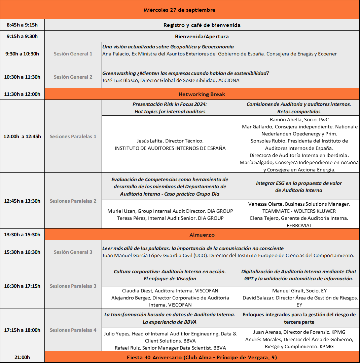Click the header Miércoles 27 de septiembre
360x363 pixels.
179,10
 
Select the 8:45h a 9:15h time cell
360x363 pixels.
22,25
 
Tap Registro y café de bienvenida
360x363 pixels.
202,25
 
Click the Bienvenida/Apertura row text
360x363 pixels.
202,36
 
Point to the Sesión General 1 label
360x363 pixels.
73,54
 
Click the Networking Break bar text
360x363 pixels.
202,94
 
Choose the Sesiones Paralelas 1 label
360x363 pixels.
73,136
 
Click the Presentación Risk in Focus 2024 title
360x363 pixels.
170,104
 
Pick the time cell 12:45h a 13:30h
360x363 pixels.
22,201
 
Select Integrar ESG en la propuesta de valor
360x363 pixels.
299,183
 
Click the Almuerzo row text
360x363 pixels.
202,235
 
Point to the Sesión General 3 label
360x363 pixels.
73,252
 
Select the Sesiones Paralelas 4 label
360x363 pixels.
73,330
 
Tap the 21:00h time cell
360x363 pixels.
22,357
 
